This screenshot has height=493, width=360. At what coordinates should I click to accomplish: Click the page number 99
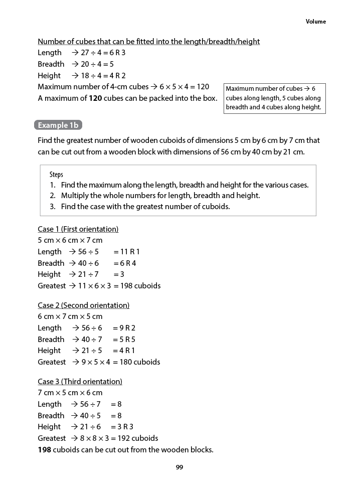(179, 467)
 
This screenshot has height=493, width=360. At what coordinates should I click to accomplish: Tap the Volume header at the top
(315, 22)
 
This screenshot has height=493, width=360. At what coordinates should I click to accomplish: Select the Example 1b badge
(58, 125)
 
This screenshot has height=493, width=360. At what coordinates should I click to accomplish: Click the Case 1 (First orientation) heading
(78, 229)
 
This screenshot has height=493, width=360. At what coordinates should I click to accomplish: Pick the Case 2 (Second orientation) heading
(83, 305)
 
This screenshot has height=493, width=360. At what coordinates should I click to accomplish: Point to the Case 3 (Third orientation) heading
(80, 382)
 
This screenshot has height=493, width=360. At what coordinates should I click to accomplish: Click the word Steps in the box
(56, 175)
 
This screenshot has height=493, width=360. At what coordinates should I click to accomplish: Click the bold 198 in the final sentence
(44, 450)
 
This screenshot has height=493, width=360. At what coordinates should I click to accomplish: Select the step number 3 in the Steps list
(52, 207)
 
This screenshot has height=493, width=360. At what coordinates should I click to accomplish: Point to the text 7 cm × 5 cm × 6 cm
(70, 393)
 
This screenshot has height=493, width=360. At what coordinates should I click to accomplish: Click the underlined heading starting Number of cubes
(148, 42)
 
